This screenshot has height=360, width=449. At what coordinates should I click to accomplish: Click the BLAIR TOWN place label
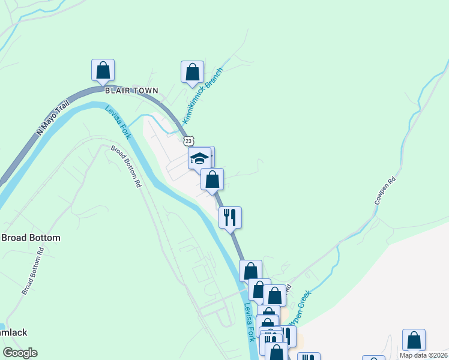(x=131, y=91)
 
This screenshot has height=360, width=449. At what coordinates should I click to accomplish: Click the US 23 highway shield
(x=188, y=140)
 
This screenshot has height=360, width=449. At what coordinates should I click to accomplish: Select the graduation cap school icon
(x=199, y=158)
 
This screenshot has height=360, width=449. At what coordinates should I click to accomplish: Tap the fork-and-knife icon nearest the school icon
(x=230, y=217)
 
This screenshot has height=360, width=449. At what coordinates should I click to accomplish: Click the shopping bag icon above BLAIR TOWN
(x=103, y=70)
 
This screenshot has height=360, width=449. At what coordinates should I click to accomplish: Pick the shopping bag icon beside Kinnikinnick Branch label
(x=192, y=72)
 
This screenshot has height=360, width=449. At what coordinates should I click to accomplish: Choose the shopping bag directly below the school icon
(x=212, y=179)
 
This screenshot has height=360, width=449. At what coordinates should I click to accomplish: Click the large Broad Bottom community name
(x=31, y=238)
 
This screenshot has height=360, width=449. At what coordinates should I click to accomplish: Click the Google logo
(x=20, y=353)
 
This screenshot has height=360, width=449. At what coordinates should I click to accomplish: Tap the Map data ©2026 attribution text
(x=423, y=355)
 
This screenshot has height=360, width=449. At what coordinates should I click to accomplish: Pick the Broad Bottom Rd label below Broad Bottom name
(x=32, y=272)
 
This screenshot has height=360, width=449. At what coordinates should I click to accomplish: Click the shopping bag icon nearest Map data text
(x=414, y=340)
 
